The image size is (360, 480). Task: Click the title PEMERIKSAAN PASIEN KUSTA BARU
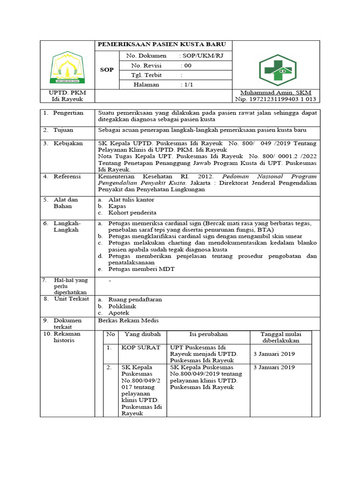pyautogui.click(x=161, y=45)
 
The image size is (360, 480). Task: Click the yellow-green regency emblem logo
pyautogui.click(x=67, y=65)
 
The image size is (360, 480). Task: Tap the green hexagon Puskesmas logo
pyautogui.click(x=275, y=70)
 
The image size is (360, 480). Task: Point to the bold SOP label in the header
pyautogui.click(x=107, y=70)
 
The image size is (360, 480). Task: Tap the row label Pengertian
pyautogui.click(x=68, y=113)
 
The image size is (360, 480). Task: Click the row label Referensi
pyautogui.click(x=68, y=177)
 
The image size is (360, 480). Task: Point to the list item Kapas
pyautogui.click(x=117, y=206)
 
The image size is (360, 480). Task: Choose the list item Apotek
pyautogui.click(x=119, y=313)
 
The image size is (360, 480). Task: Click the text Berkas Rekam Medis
pyautogui.click(x=128, y=321)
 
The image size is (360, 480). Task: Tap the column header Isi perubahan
pyautogui.click(x=209, y=334)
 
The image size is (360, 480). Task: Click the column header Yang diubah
pyautogui.click(x=142, y=334)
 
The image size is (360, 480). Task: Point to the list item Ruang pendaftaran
pyautogui.click(x=135, y=299)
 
